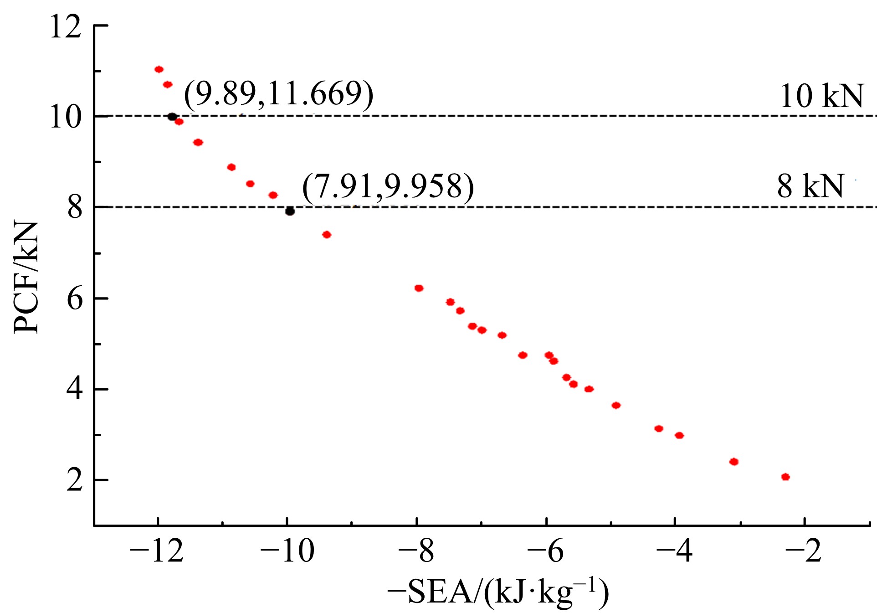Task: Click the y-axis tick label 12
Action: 66,27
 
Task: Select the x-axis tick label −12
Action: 157,551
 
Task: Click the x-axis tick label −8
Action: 416,551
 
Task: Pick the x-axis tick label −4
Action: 674,551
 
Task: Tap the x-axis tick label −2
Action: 804,551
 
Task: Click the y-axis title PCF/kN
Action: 26,278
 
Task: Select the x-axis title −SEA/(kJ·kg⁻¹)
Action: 498,592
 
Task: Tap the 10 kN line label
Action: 821,96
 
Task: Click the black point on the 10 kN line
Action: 172,117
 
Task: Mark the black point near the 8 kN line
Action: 290,211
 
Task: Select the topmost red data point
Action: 159,69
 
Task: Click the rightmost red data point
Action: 785,477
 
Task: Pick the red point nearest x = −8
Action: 419,288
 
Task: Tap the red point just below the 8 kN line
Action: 327,235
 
